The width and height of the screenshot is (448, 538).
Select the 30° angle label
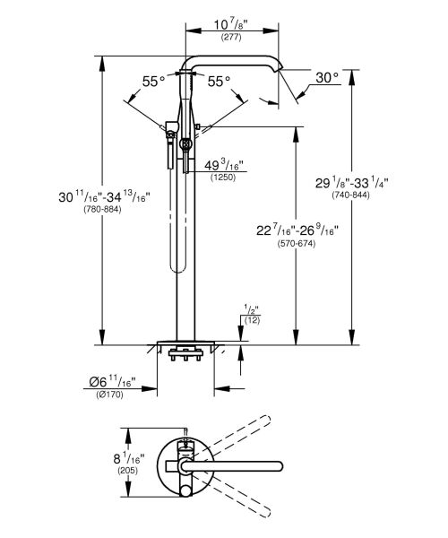tap(327, 79)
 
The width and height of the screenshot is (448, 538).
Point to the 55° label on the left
tap(154, 82)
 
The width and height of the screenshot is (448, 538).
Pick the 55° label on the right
tap(219, 82)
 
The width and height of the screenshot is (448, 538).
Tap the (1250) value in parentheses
tap(222, 179)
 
